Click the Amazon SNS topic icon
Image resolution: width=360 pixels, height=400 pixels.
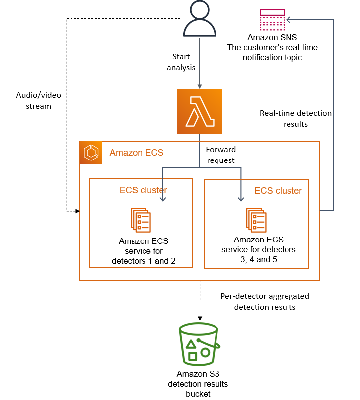272,20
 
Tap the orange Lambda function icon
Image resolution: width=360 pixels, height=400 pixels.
199,112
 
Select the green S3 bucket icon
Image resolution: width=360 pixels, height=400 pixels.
200,344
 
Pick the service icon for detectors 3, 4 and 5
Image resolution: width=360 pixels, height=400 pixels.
256,220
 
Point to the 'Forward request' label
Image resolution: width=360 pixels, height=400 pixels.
220,155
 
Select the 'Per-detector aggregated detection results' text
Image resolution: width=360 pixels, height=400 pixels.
265,301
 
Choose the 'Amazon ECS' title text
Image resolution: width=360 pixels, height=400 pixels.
136,153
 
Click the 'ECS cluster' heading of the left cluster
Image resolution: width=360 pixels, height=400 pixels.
143,190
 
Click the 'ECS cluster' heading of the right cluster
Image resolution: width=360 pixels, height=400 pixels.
278,191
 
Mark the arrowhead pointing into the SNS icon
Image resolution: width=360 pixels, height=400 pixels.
288,20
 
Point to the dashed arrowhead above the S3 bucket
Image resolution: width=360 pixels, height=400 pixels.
200,318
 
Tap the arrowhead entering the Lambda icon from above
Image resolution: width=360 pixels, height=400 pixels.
199,86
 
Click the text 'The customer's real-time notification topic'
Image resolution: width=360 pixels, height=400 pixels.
272,53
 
